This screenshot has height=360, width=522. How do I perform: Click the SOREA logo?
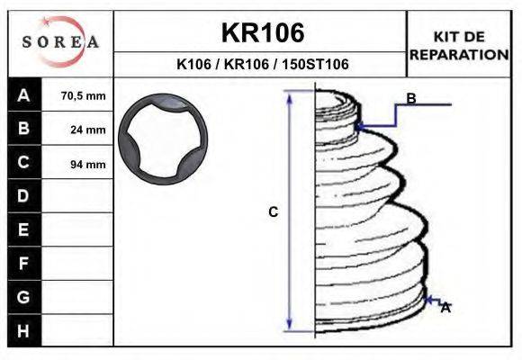pyautogui.click(x=60, y=41)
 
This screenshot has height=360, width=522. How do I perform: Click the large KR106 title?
pyautogui.click(x=263, y=32)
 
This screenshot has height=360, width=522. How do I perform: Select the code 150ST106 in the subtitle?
pyautogui.click(x=316, y=64)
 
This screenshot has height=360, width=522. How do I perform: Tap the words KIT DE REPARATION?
pyautogui.click(x=459, y=46)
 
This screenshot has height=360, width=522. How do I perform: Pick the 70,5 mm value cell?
pyautogui.click(x=77, y=95)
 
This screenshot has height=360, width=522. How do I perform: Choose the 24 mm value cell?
pyautogui.click(x=77, y=130)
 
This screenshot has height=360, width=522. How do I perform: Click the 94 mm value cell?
pyautogui.click(x=77, y=164)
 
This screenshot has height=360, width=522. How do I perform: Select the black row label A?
pyautogui.click(x=24, y=95)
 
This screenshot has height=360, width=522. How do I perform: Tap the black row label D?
pyautogui.click(x=24, y=196)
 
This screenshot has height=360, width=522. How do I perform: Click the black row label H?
pyautogui.click(x=24, y=330)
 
